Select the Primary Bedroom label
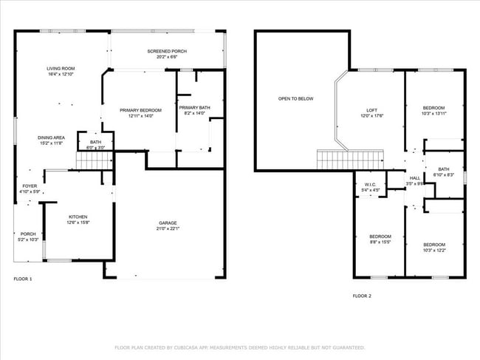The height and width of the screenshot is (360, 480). [140, 112]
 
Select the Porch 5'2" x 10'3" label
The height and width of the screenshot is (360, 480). [28, 237]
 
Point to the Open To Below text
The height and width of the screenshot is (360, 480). [295, 98]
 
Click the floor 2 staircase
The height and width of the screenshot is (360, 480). [350, 158]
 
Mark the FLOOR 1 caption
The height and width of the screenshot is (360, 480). [24, 279]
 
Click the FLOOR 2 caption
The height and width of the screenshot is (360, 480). [361, 295]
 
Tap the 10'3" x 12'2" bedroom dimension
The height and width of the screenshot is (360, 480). [434, 250]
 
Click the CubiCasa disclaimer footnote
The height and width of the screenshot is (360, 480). [240, 347]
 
